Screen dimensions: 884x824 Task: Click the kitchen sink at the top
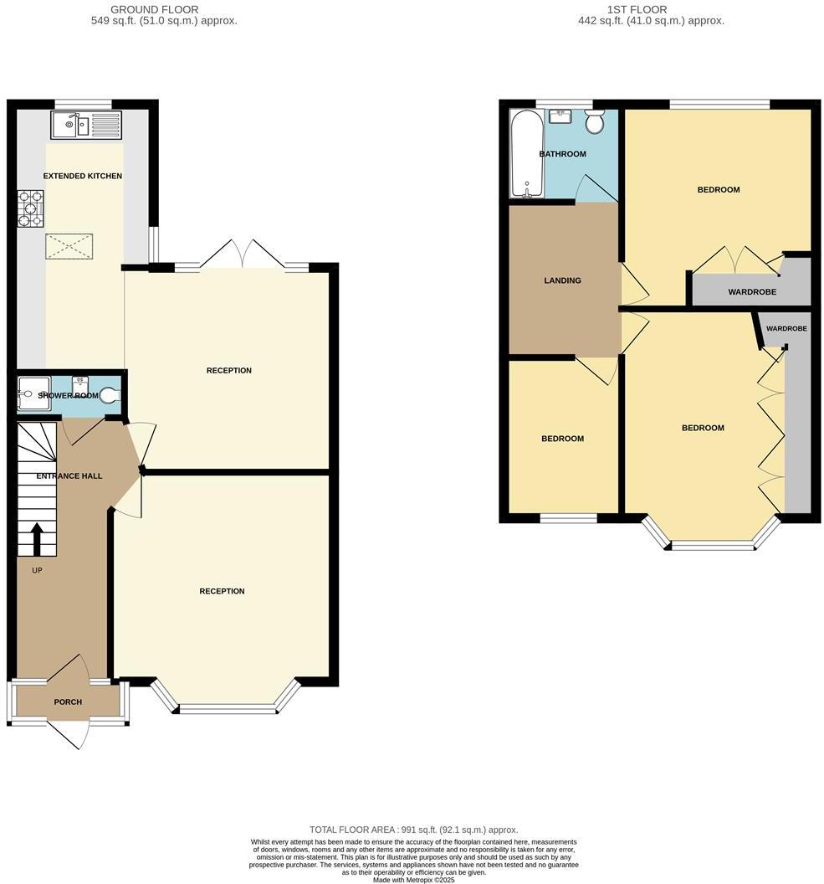(86, 126)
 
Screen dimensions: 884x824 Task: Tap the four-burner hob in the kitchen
(31, 209)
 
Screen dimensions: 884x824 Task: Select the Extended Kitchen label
(83, 176)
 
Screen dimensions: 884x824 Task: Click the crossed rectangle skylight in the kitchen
(69, 247)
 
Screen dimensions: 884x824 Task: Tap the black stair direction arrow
(36, 538)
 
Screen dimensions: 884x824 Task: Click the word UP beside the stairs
(37, 571)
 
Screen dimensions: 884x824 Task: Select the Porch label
(68, 702)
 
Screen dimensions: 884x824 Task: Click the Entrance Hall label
(69, 476)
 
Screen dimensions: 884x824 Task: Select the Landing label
(562, 280)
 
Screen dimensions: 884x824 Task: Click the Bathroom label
(562, 154)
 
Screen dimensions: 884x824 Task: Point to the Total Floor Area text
(413, 828)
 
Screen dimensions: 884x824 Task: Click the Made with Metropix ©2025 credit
(413, 880)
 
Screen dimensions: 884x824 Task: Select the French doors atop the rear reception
(242, 255)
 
